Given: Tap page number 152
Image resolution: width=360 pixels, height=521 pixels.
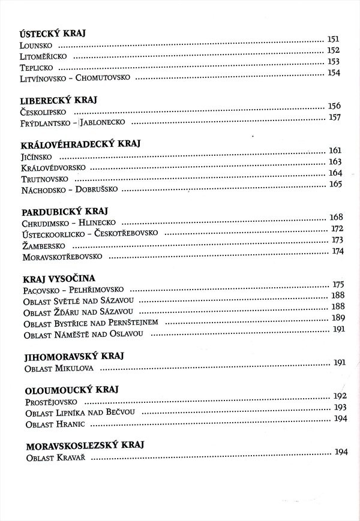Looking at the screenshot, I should [x=334, y=50].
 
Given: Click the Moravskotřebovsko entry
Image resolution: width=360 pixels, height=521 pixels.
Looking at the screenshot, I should [x=62, y=257].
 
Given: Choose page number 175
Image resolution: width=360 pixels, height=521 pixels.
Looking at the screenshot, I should [x=338, y=284].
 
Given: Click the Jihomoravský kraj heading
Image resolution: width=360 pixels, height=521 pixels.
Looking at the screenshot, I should [x=74, y=356].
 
